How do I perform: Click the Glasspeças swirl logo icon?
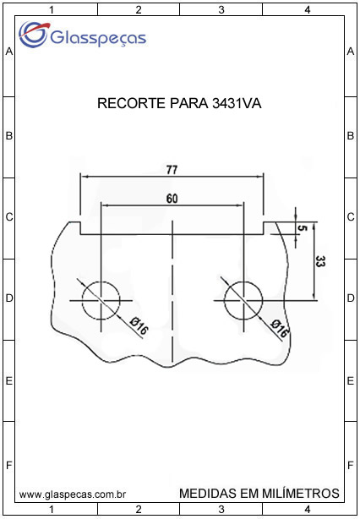click(x=34, y=34)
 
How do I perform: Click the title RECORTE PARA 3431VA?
click(x=179, y=104)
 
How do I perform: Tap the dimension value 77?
click(x=172, y=170)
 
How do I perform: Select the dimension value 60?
click(x=172, y=199)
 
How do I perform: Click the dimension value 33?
click(x=320, y=261)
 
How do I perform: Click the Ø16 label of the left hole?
click(x=139, y=325)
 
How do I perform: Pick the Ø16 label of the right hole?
click(x=279, y=328)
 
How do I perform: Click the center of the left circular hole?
click(x=101, y=301)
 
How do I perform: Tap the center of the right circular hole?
click(x=243, y=301)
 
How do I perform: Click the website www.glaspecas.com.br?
click(x=73, y=494)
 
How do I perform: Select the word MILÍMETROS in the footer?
click(x=300, y=493)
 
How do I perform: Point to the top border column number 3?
click(x=221, y=10)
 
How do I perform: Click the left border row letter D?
click(x=9, y=298)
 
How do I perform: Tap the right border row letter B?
click(x=351, y=136)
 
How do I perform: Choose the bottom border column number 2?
click(x=139, y=509)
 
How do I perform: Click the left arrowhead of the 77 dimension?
click(x=85, y=177)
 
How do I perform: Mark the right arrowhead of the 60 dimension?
click(x=239, y=205)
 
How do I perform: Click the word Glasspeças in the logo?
click(x=98, y=39)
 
